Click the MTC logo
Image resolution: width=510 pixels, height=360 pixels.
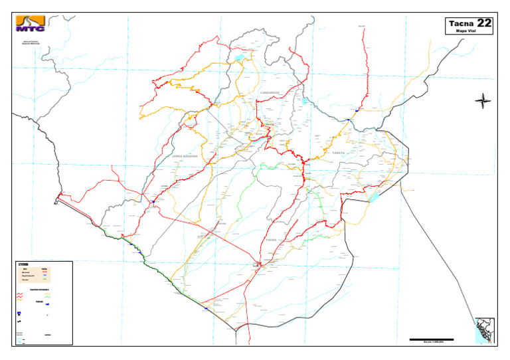(x=31, y=24)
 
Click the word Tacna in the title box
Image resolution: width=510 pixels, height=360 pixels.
(x=461, y=24)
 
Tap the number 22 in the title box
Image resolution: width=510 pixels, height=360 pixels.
(x=484, y=23)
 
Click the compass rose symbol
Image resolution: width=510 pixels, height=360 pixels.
(x=483, y=101)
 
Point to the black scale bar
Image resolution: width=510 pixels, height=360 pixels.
(x=431, y=339)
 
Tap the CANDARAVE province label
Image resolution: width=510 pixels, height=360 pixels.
(x=270, y=92)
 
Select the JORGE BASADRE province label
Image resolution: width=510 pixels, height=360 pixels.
(x=185, y=156)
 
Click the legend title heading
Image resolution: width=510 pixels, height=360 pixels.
(x=24, y=264)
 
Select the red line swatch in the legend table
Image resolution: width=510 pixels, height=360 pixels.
(x=45, y=272)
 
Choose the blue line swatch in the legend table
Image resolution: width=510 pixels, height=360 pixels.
(x=45, y=277)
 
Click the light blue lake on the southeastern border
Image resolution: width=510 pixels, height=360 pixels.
(x=372, y=196)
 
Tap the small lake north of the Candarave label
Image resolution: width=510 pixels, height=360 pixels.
(x=238, y=58)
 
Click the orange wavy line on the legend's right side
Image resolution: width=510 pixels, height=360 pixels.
(x=47, y=296)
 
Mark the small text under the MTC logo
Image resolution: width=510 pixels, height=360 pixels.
(x=31, y=43)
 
